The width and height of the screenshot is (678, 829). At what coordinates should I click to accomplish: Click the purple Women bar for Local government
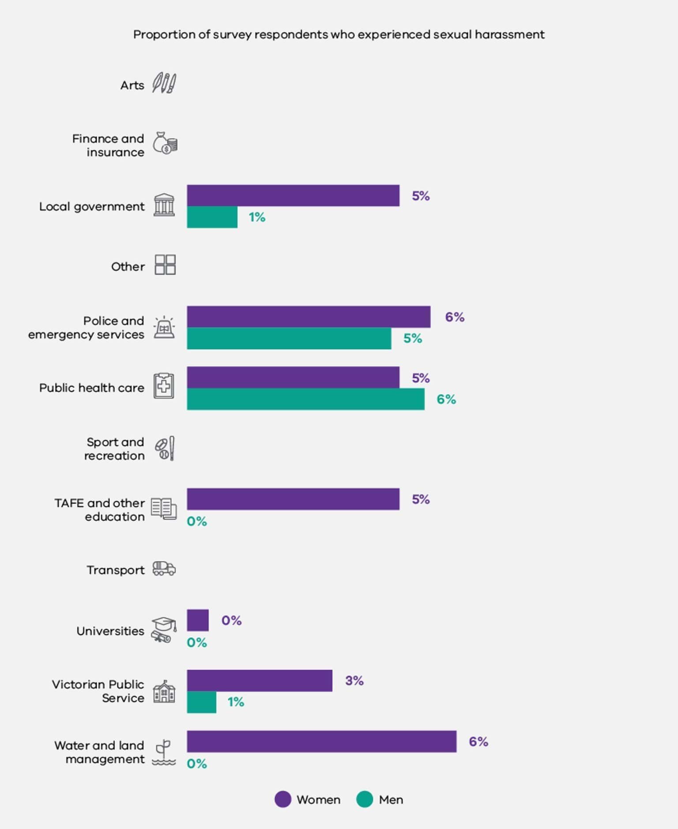[x=293, y=196]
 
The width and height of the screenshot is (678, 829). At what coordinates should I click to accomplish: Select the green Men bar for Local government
[x=212, y=217]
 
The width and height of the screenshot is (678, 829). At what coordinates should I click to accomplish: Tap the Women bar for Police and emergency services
[x=309, y=317]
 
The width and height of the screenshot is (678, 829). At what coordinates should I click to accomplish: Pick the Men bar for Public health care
[x=305, y=399]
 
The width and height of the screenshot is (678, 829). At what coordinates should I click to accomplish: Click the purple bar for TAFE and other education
[x=293, y=499]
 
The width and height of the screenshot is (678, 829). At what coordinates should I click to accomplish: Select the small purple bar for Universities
[x=198, y=620]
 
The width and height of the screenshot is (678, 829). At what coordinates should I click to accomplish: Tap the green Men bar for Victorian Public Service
[x=201, y=702]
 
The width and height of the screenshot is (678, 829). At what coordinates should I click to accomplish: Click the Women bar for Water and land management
[x=321, y=741]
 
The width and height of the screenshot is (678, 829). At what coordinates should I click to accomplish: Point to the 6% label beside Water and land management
[x=478, y=742]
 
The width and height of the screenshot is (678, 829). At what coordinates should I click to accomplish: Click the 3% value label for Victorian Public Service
[x=354, y=681]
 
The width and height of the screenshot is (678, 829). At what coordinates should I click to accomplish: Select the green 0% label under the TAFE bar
[x=197, y=521]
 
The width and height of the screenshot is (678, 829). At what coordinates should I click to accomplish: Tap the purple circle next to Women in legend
[x=283, y=799]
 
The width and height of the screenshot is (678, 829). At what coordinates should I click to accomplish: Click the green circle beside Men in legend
[x=365, y=799]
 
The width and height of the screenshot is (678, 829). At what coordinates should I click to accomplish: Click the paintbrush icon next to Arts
[x=164, y=83]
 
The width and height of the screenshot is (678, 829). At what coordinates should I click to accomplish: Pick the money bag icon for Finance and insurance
[x=165, y=143]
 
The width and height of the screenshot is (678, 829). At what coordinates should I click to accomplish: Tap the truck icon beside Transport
[x=164, y=569]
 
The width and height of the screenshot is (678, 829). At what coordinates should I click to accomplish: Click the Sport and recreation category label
[x=115, y=448]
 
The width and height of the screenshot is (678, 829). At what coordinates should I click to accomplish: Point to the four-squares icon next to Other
[x=165, y=265]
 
